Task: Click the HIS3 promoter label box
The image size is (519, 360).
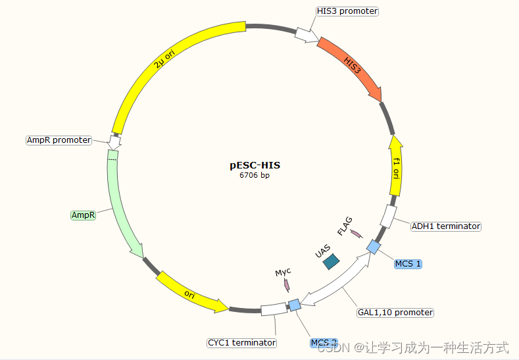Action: point(347,11)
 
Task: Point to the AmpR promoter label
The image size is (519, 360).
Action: point(59,140)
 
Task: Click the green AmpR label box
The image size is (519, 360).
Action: point(84,215)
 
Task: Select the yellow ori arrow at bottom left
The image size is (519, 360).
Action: point(191,292)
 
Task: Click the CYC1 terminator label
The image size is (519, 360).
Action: point(241,343)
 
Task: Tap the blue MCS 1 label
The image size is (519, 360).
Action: point(408,264)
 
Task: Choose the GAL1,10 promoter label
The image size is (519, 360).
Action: point(395,312)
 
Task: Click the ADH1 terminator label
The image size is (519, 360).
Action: point(445,226)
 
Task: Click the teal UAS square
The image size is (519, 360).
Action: point(331,261)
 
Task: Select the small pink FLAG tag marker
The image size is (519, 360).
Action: point(356,234)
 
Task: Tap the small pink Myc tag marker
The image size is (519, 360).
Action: point(286,285)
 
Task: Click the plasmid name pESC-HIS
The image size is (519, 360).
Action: point(255,165)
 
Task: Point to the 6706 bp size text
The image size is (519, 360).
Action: point(255,175)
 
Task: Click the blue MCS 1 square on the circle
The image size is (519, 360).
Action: point(373,247)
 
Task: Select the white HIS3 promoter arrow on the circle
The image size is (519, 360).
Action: point(305,34)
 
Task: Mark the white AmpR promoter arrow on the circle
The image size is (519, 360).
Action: point(114,141)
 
